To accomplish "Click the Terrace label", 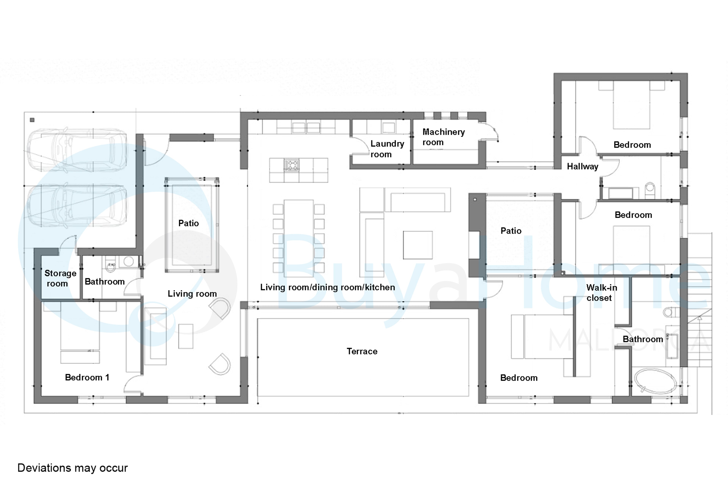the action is (362, 351).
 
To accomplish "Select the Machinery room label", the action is (444, 137).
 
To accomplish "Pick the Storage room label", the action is (60, 278).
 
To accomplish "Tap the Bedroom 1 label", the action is (87, 377).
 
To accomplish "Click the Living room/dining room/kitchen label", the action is (327, 287).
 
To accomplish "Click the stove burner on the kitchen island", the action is (291, 165).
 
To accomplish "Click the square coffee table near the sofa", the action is (417, 245).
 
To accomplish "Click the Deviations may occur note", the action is (72, 468).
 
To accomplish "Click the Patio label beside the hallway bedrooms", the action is (511, 231).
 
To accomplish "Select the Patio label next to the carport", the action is (188, 223).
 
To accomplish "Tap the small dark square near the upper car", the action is (32, 120).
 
